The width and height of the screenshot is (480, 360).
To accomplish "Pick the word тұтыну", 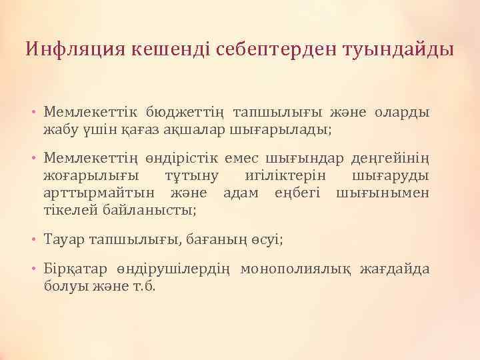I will coord(187,175).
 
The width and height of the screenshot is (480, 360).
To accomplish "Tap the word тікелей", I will coord(71,210).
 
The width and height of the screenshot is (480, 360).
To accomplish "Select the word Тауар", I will coord(64,239).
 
